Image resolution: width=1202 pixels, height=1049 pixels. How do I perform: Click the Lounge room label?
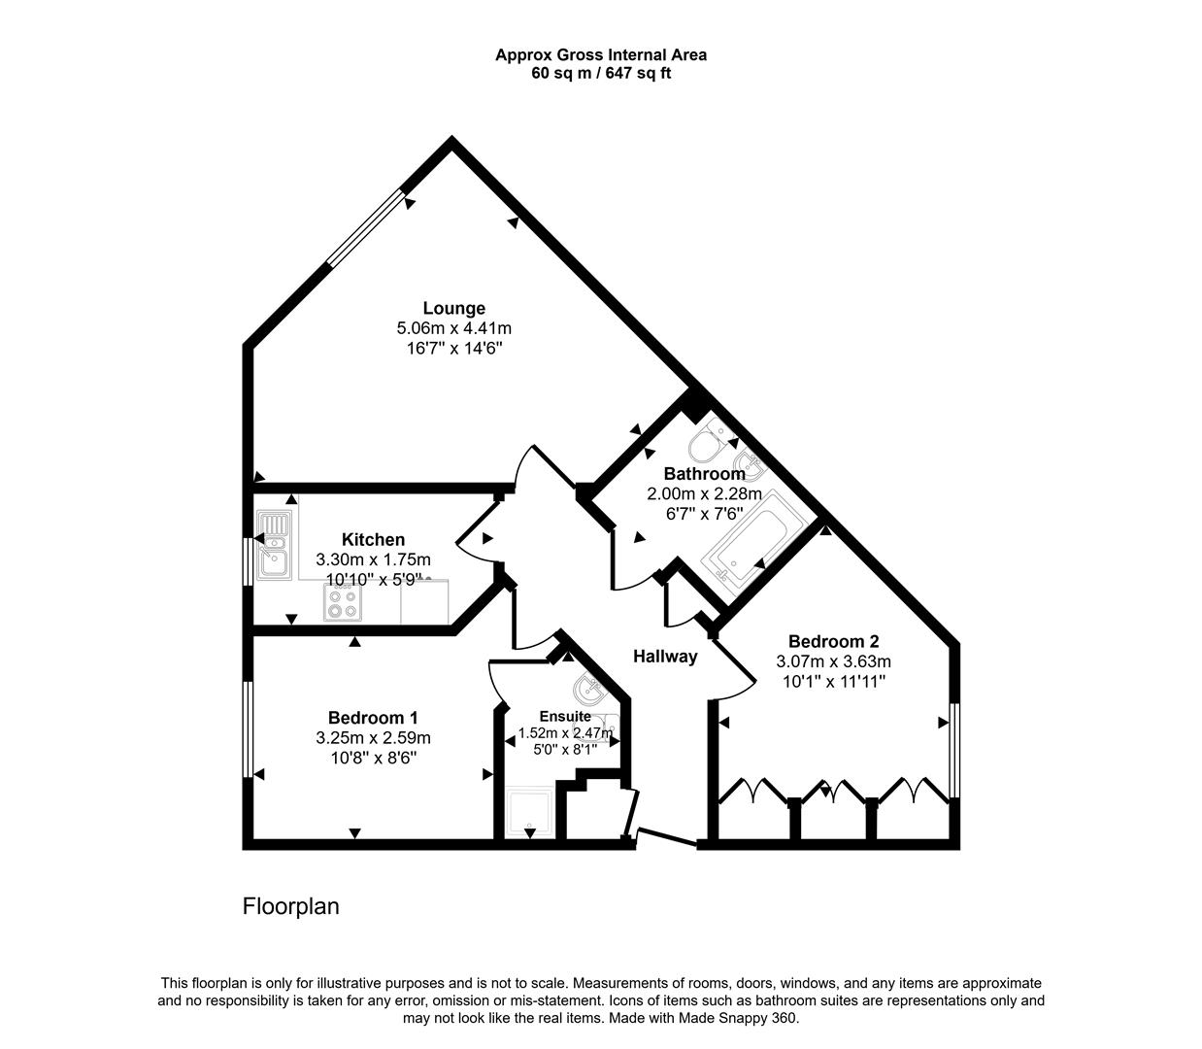pyautogui.click(x=453, y=309)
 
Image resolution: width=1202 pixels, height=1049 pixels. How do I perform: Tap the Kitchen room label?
pyautogui.click(x=373, y=540)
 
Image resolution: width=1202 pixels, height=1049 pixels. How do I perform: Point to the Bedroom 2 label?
pyautogui.click(x=833, y=641)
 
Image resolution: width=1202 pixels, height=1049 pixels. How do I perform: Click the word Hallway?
pyautogui.click(x=665, y=657)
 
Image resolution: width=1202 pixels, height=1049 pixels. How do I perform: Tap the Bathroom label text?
pyautogui.click(x=704, y=474)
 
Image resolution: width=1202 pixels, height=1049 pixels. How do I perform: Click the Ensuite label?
pyautogui.click(x=565, y=717)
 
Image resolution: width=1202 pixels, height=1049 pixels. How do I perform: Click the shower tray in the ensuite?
pyautogui.click(x=530, y=812)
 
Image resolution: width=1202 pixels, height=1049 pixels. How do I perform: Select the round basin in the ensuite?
pyautogui.click(x=588, y=691)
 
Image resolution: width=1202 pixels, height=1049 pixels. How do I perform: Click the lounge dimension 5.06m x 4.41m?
pyautogui.click(x=453, y=328)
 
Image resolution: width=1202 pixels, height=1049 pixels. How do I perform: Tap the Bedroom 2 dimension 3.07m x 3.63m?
pyautogui.click(x=833, y=661)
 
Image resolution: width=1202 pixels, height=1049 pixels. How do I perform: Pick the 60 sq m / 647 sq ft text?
pyautogui.click(x=601, y=73)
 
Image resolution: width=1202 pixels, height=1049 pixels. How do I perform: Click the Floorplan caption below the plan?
pyautogui.click(x=290, y=907)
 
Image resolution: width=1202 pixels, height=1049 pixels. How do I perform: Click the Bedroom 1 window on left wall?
pyautogui.click(x=249, y=728)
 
